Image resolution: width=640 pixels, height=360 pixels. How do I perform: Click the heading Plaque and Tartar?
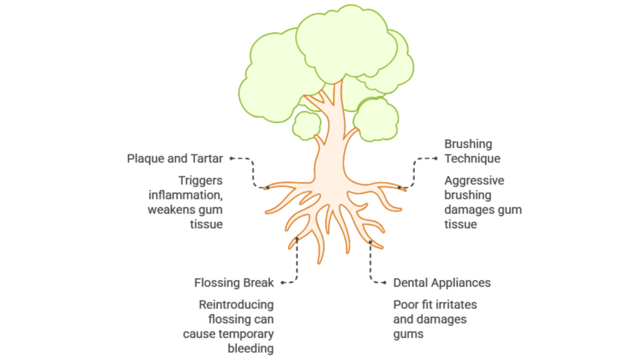(175, 159)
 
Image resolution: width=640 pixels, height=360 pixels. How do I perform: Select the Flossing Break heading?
(234, 283)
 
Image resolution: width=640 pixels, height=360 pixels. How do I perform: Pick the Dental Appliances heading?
(442, 283)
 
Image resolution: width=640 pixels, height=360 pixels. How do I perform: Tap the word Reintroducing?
(236, 305)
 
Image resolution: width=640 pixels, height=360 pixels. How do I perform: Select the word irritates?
(454, 305)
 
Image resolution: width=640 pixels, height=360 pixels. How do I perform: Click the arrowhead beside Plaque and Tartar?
(231, 159)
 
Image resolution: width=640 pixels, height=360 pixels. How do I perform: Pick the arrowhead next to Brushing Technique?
(436, 158)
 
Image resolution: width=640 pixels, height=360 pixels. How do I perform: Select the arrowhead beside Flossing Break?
(282, 283)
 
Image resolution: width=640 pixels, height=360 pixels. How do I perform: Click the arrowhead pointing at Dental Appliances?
(384, 283)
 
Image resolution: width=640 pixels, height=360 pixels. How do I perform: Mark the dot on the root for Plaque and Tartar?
(266, 187)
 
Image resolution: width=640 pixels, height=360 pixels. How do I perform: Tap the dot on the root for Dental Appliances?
(371, 241)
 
